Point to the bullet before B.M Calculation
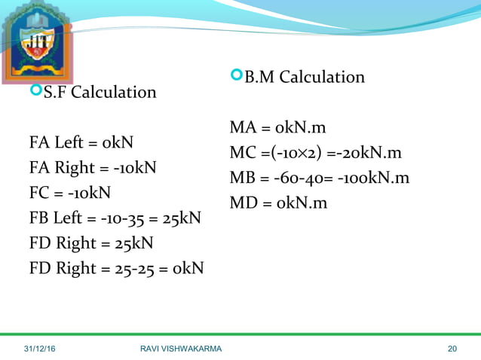(x=236, y=75)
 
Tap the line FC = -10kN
(x=70, y=192)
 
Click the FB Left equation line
(x=115, y=218)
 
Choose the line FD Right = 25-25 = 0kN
(x=116, y=268)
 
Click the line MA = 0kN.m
(x=278, y=127)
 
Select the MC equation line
(x=315, y=153)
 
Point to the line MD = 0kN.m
(x=278, y=203)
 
